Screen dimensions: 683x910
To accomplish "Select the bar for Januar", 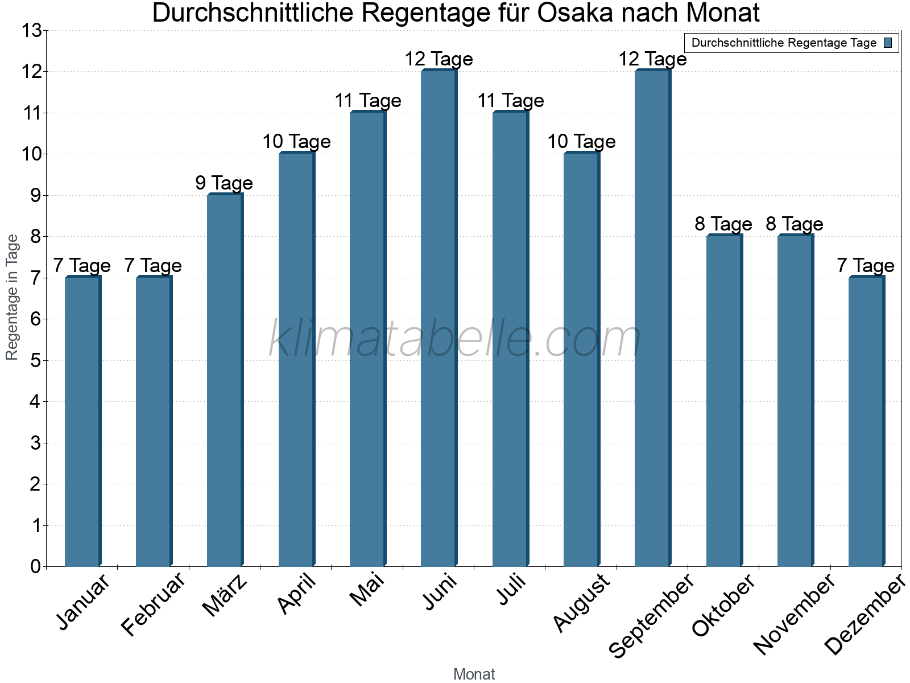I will click(82, 421).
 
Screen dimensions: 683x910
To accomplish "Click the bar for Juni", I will click(439, 319).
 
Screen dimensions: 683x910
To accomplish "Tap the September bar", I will click(652, 319).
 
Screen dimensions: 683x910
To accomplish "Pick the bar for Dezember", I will click(866, 421).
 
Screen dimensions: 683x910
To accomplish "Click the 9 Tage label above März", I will click(224, 183).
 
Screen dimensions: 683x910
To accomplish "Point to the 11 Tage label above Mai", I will click(368, 101).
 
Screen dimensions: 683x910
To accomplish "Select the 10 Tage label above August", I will click(581, 142).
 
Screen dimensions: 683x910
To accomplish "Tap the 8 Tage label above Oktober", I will click(723, 224).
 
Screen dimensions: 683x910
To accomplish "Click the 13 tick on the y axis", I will click(31, 31).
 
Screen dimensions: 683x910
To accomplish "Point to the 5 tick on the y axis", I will click(36, 360).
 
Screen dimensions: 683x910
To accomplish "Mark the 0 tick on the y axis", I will click(36, 566).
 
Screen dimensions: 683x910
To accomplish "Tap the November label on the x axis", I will click(795, 614).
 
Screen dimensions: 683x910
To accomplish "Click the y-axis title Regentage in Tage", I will click(13, 297).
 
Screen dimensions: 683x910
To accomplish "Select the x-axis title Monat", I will click(474, 674).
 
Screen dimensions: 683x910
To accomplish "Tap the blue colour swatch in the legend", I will click(888, 43).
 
